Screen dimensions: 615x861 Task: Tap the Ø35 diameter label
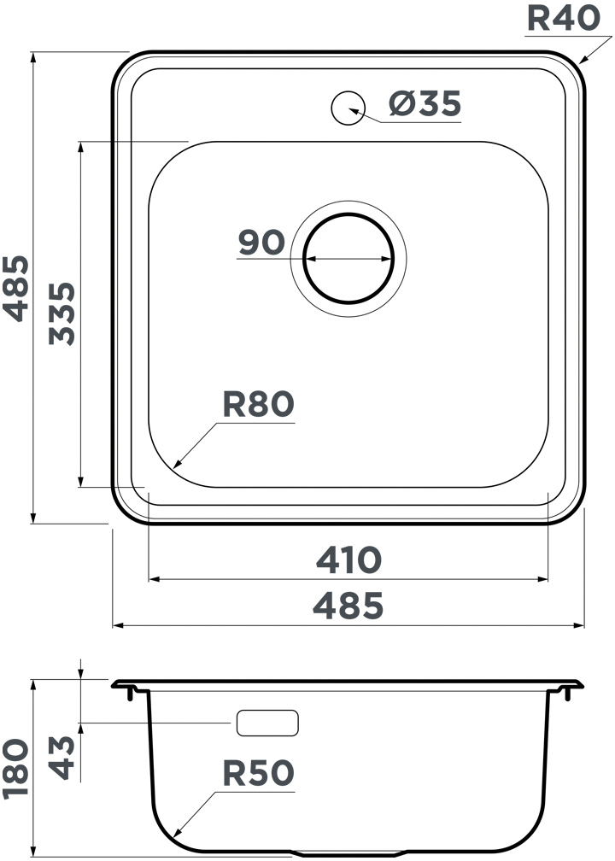[425, 103]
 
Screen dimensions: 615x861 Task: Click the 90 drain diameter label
[261, 243]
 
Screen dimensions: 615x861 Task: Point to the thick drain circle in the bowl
[348, 214]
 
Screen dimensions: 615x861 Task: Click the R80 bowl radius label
[258, 404]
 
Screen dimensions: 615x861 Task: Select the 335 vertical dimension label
[61, 313]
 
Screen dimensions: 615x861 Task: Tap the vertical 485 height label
[15, 289]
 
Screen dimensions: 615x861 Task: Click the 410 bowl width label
[348, 560]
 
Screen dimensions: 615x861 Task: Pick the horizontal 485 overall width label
[348, 606]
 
